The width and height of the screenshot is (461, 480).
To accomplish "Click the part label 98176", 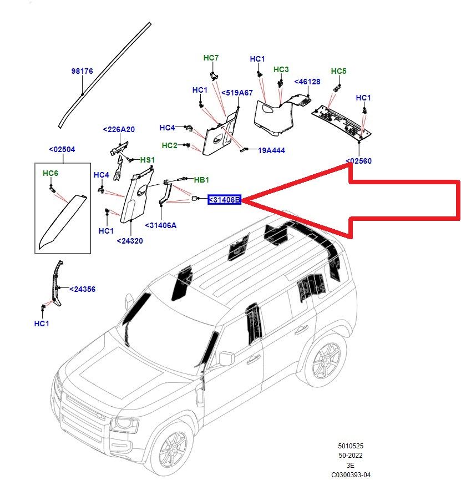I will point(82,71).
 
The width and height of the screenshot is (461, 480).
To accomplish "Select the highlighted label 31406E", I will point(225,200).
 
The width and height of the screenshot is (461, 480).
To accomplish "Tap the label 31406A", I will point(160,225).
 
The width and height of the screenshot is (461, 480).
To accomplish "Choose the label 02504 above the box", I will point(62,149).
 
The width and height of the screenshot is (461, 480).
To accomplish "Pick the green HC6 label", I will point(50,174).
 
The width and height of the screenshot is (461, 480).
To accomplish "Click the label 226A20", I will point(119,129).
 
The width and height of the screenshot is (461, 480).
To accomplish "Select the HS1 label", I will point(147,160).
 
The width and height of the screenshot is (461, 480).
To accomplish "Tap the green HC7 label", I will point(211,58).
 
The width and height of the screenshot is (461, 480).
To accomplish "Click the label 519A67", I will point(237,93).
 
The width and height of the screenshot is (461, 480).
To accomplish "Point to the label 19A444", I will point(271,150).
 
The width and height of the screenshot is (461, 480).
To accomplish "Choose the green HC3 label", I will point(281,69).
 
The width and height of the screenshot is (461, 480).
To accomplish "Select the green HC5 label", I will point(338,71).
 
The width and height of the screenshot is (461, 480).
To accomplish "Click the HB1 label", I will point(201,180).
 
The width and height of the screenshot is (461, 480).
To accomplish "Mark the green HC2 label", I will point(169,145).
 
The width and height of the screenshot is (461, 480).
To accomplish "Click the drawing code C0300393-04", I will point(351,475).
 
